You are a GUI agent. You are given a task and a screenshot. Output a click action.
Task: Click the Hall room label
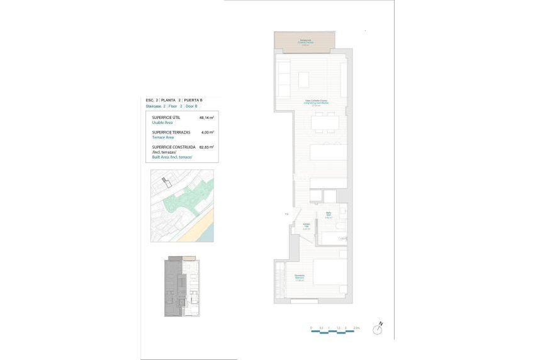pos(307,227)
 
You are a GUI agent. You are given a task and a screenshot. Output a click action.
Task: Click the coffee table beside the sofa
pos(304,80)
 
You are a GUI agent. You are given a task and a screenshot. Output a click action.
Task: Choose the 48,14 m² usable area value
pos(206,118)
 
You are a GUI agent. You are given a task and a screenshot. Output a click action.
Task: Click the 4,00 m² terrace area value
pos(207,133)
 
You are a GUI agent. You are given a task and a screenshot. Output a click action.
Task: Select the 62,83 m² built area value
pos(206,147)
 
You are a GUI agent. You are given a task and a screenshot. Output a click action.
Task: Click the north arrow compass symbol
pos(380,328)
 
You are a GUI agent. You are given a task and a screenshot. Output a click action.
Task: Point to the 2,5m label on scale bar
pos(356,328)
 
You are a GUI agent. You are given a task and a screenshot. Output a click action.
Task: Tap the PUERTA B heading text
pos(193,100)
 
